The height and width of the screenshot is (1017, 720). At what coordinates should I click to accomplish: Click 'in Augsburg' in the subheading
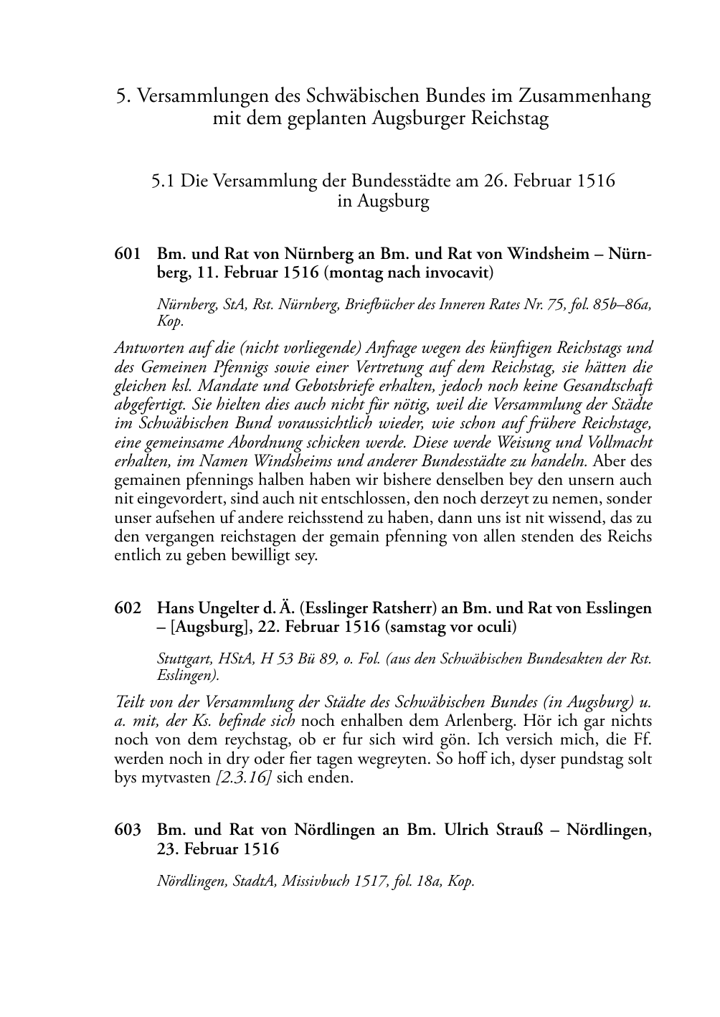(383, 202)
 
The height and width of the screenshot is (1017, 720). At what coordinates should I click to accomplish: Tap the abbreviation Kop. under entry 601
(170, 321)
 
